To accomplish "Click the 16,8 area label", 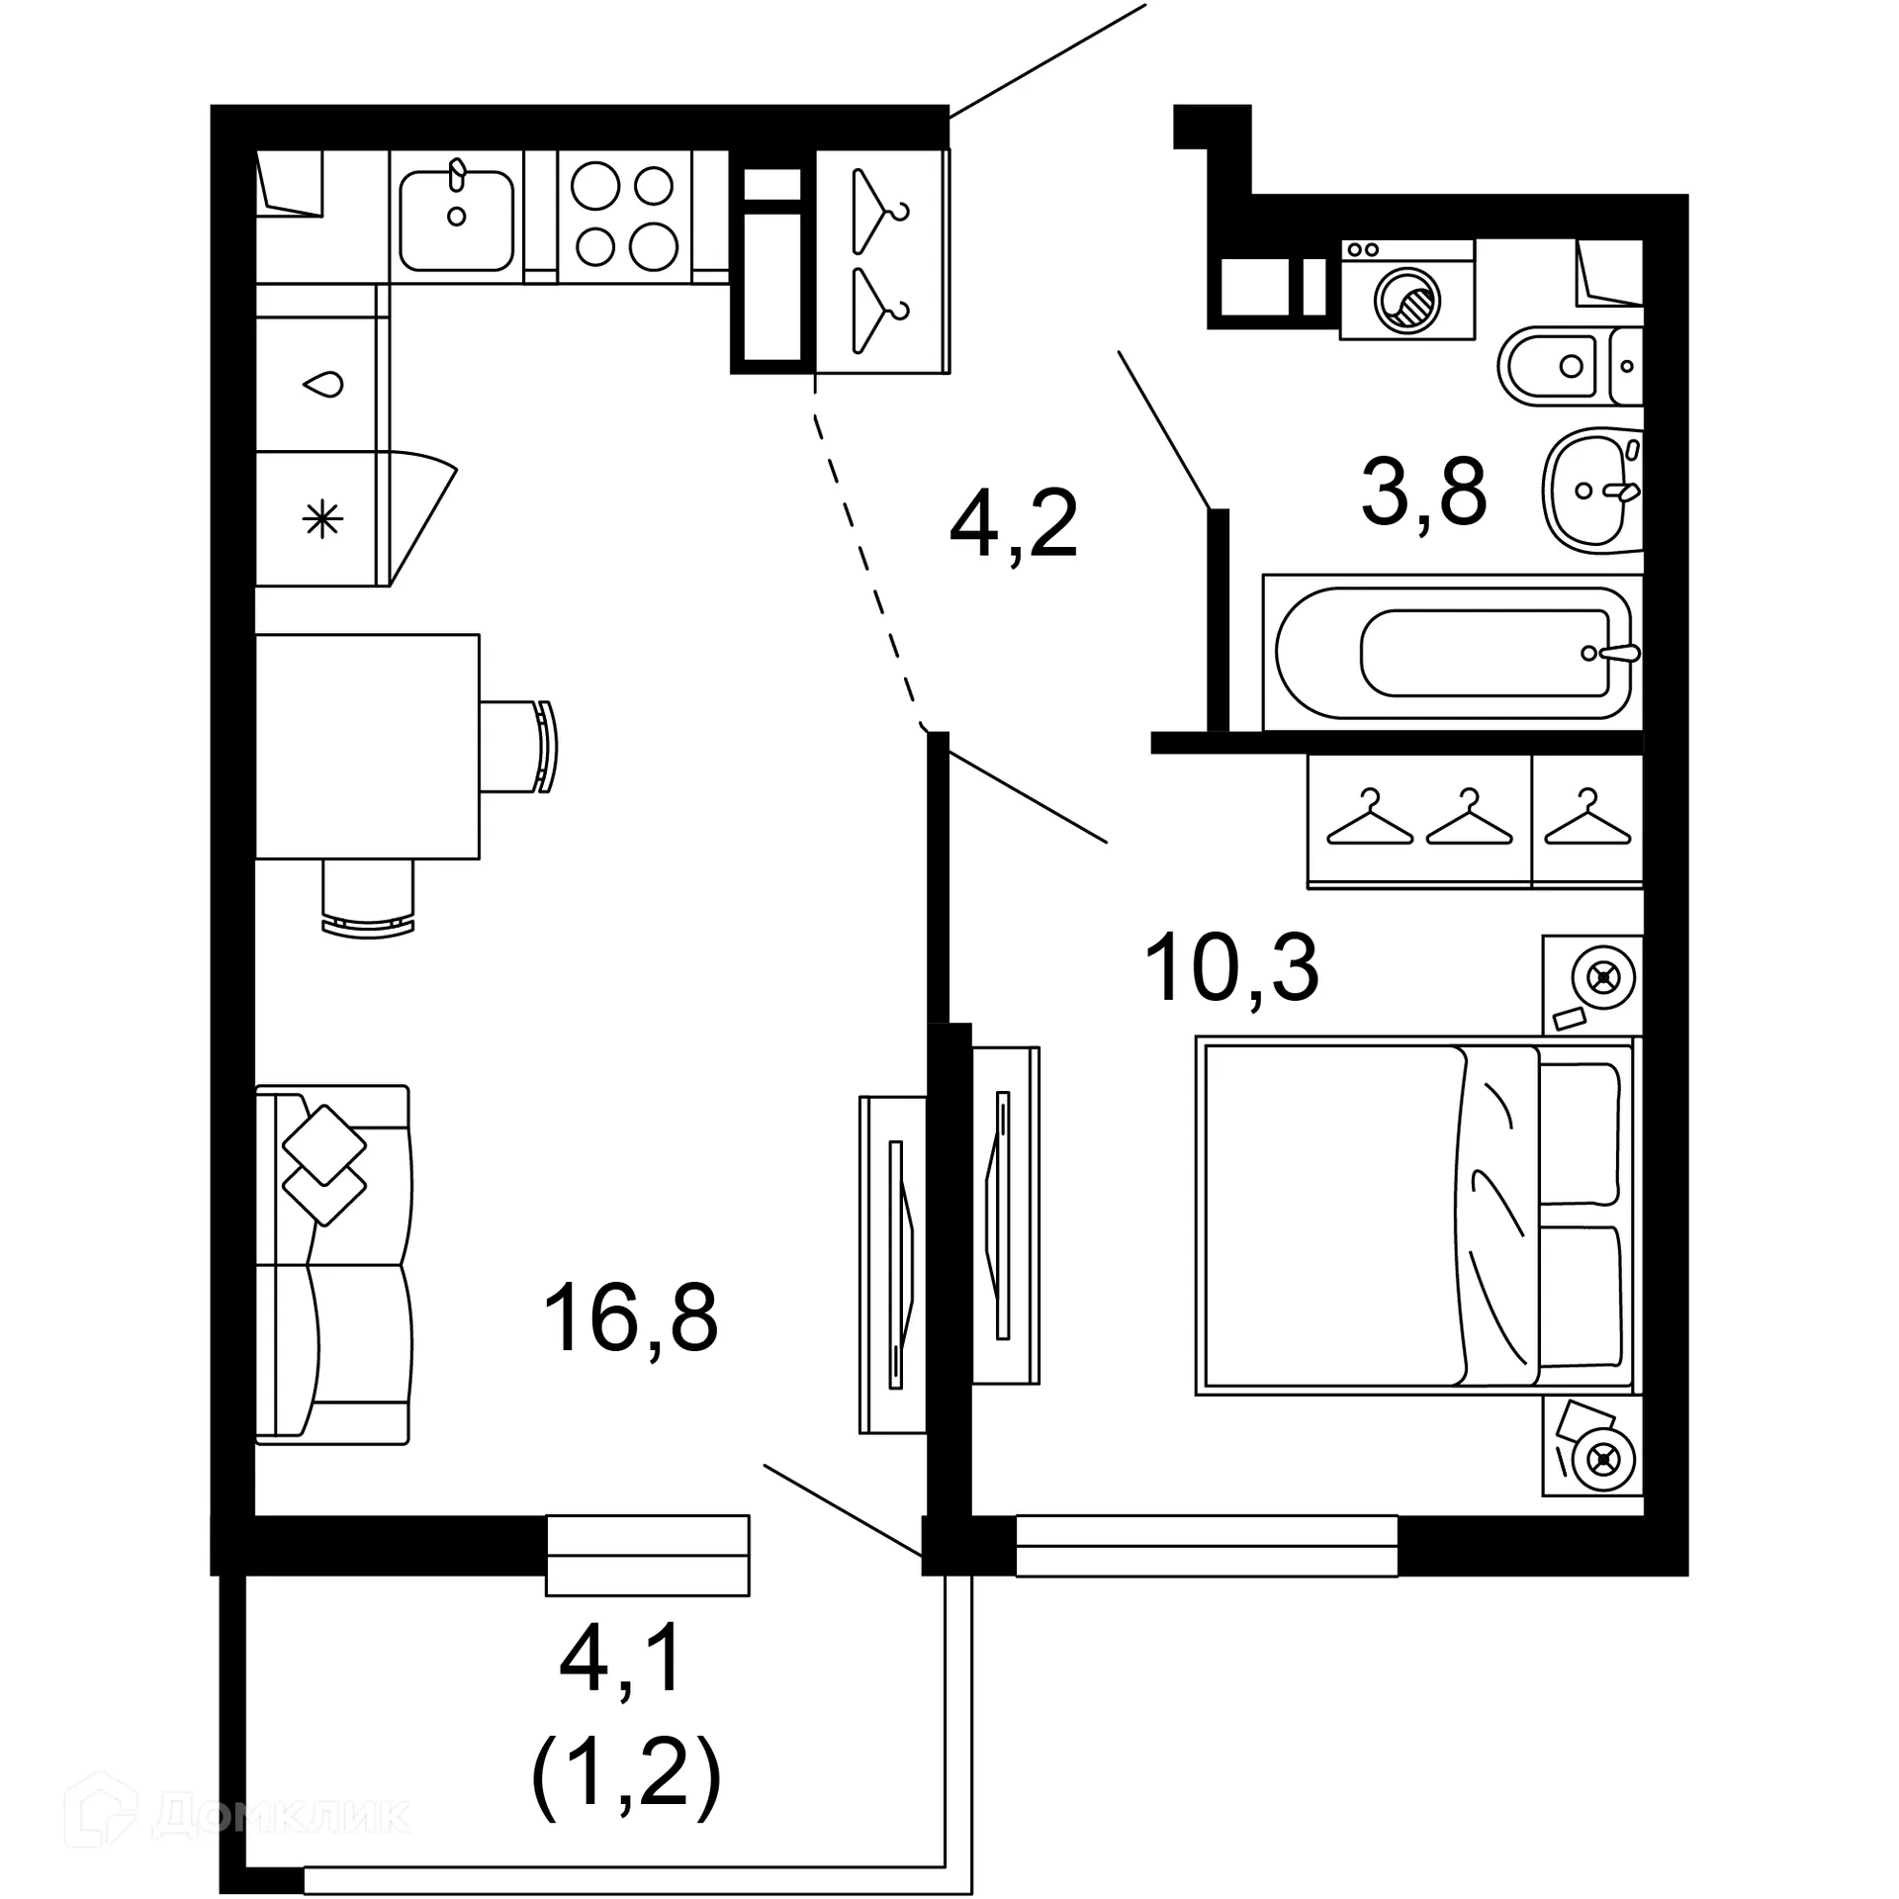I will [x=630, y=1317].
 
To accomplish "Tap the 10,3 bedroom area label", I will [x=1230, y=969].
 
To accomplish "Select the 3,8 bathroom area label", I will [x=1423, y=492].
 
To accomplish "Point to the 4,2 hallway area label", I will [x=1013, y=523].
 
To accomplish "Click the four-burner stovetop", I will [x=624, y=217].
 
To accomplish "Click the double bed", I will [x=1416, y=1216].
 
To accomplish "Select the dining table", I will [x=367, y=746].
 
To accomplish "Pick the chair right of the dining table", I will [x=520, y=746].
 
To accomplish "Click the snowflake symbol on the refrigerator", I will [x=322, y=519].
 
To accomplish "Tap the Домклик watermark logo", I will [x=236, y=1813].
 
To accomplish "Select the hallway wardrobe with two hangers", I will [x=881, y=261].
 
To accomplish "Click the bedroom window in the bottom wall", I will [x=1207, y=1545].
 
